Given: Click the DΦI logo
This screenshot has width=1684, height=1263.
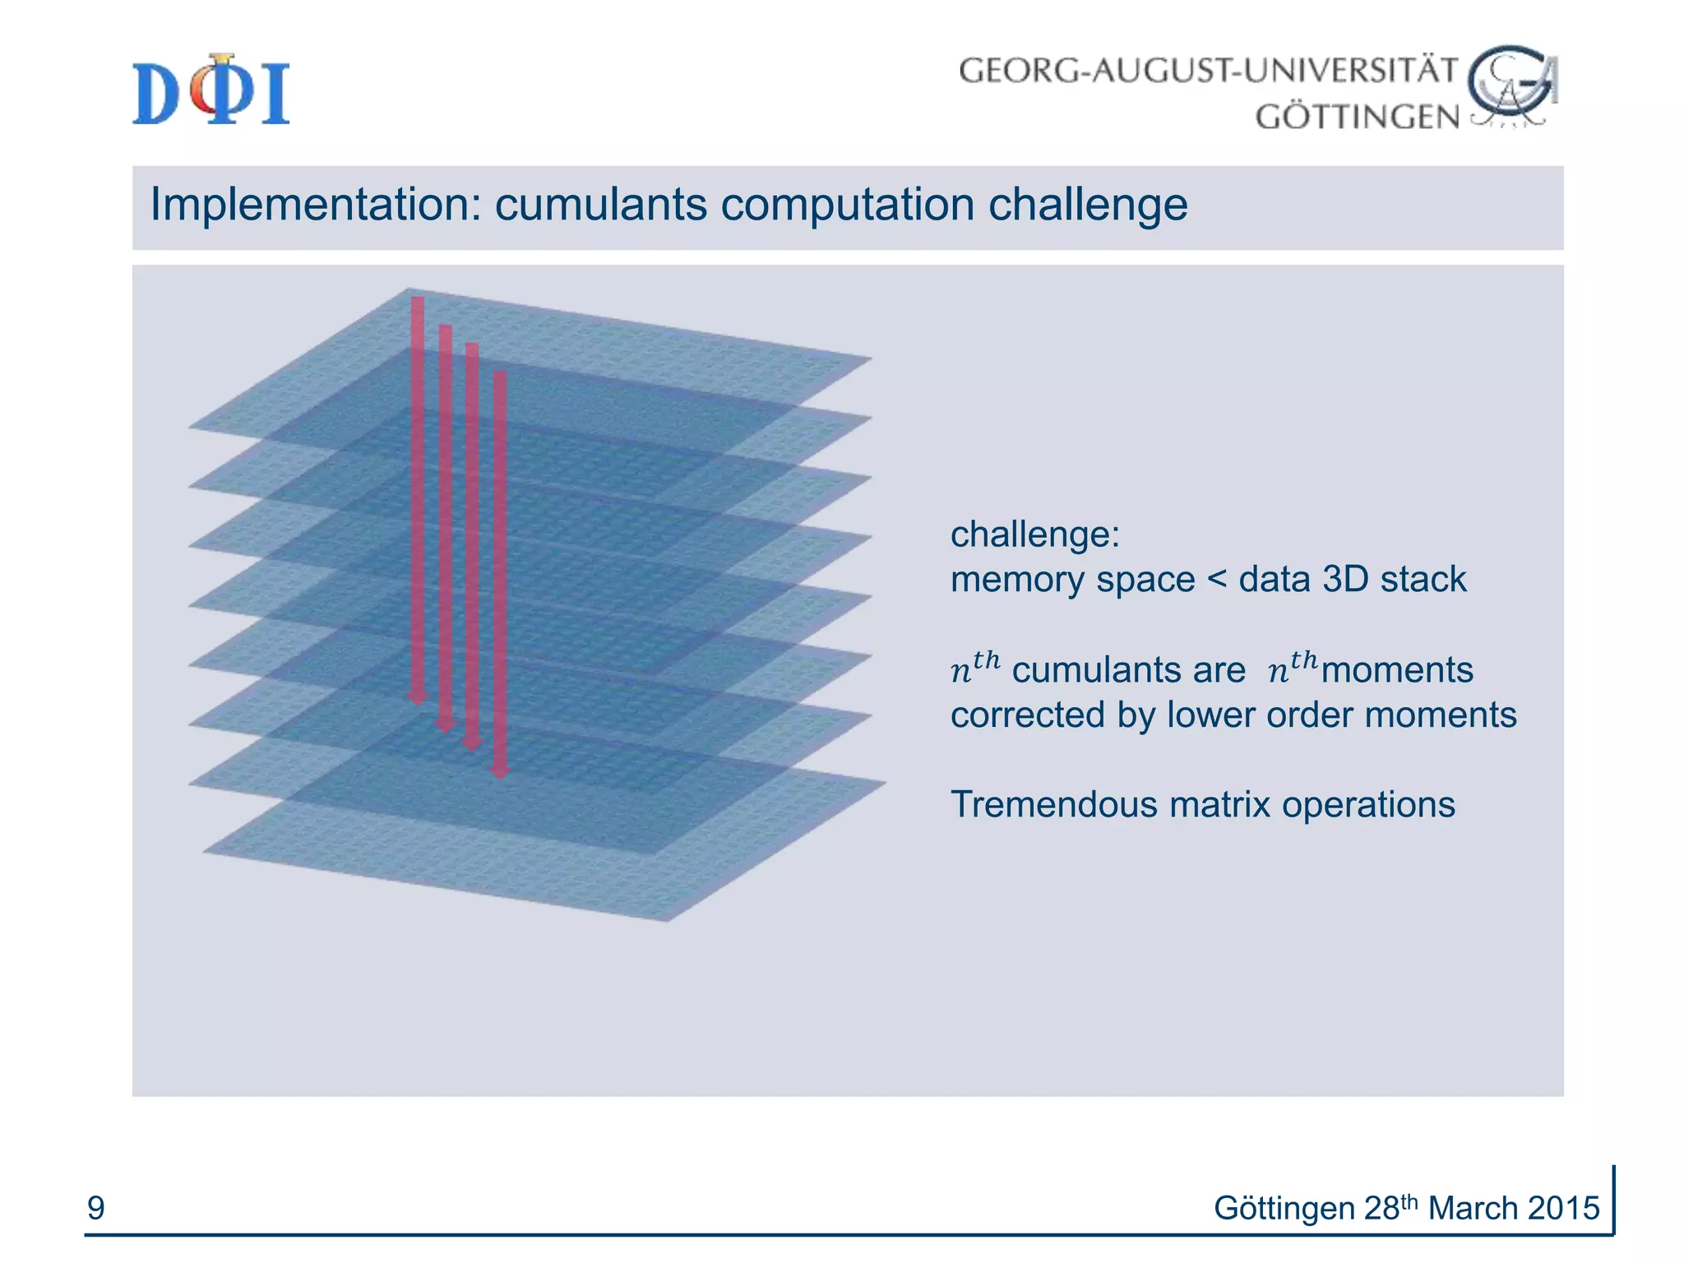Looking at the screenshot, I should [211, 90].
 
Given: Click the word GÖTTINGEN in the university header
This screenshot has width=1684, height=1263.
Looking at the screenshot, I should [1357, 117].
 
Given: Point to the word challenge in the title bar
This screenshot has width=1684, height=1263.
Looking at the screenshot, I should [1087, 205].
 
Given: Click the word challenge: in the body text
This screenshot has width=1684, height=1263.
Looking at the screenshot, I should [1034, 534].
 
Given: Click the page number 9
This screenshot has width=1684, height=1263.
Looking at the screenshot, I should [96, 1208].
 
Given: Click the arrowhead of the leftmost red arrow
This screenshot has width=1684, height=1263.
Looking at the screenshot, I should [418, 698].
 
